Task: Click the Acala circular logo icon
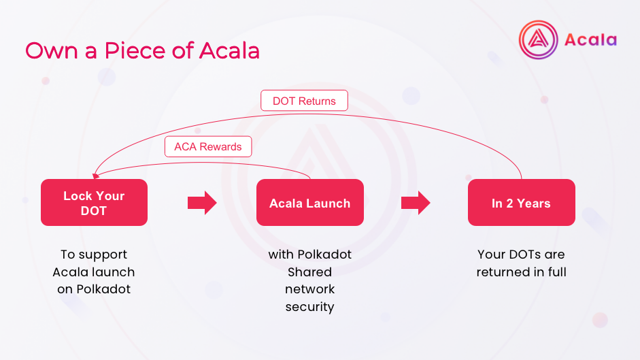point(538,39)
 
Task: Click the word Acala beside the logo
point(590,39)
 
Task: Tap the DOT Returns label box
point(304,101)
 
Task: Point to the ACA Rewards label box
point(207,146)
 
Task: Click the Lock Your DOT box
point(94,203)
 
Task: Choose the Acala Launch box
point(309,203)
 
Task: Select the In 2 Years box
point(521,203)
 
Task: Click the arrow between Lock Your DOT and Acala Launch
point(201,203)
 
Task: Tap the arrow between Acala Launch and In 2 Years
point(416,203)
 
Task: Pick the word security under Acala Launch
point(309,307)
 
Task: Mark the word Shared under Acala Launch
point(309,272)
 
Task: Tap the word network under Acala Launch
point(309,289)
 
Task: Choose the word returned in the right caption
point(505,272)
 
